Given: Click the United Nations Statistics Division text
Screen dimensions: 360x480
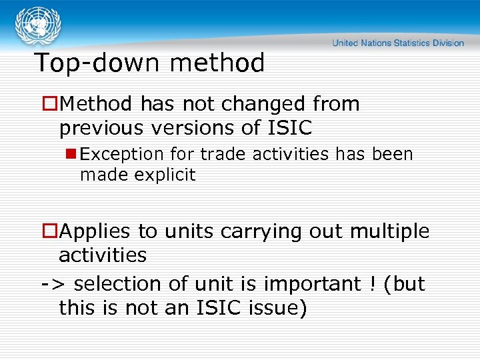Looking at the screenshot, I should point(398,43).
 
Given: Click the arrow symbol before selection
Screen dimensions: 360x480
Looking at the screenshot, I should point(52,284).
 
